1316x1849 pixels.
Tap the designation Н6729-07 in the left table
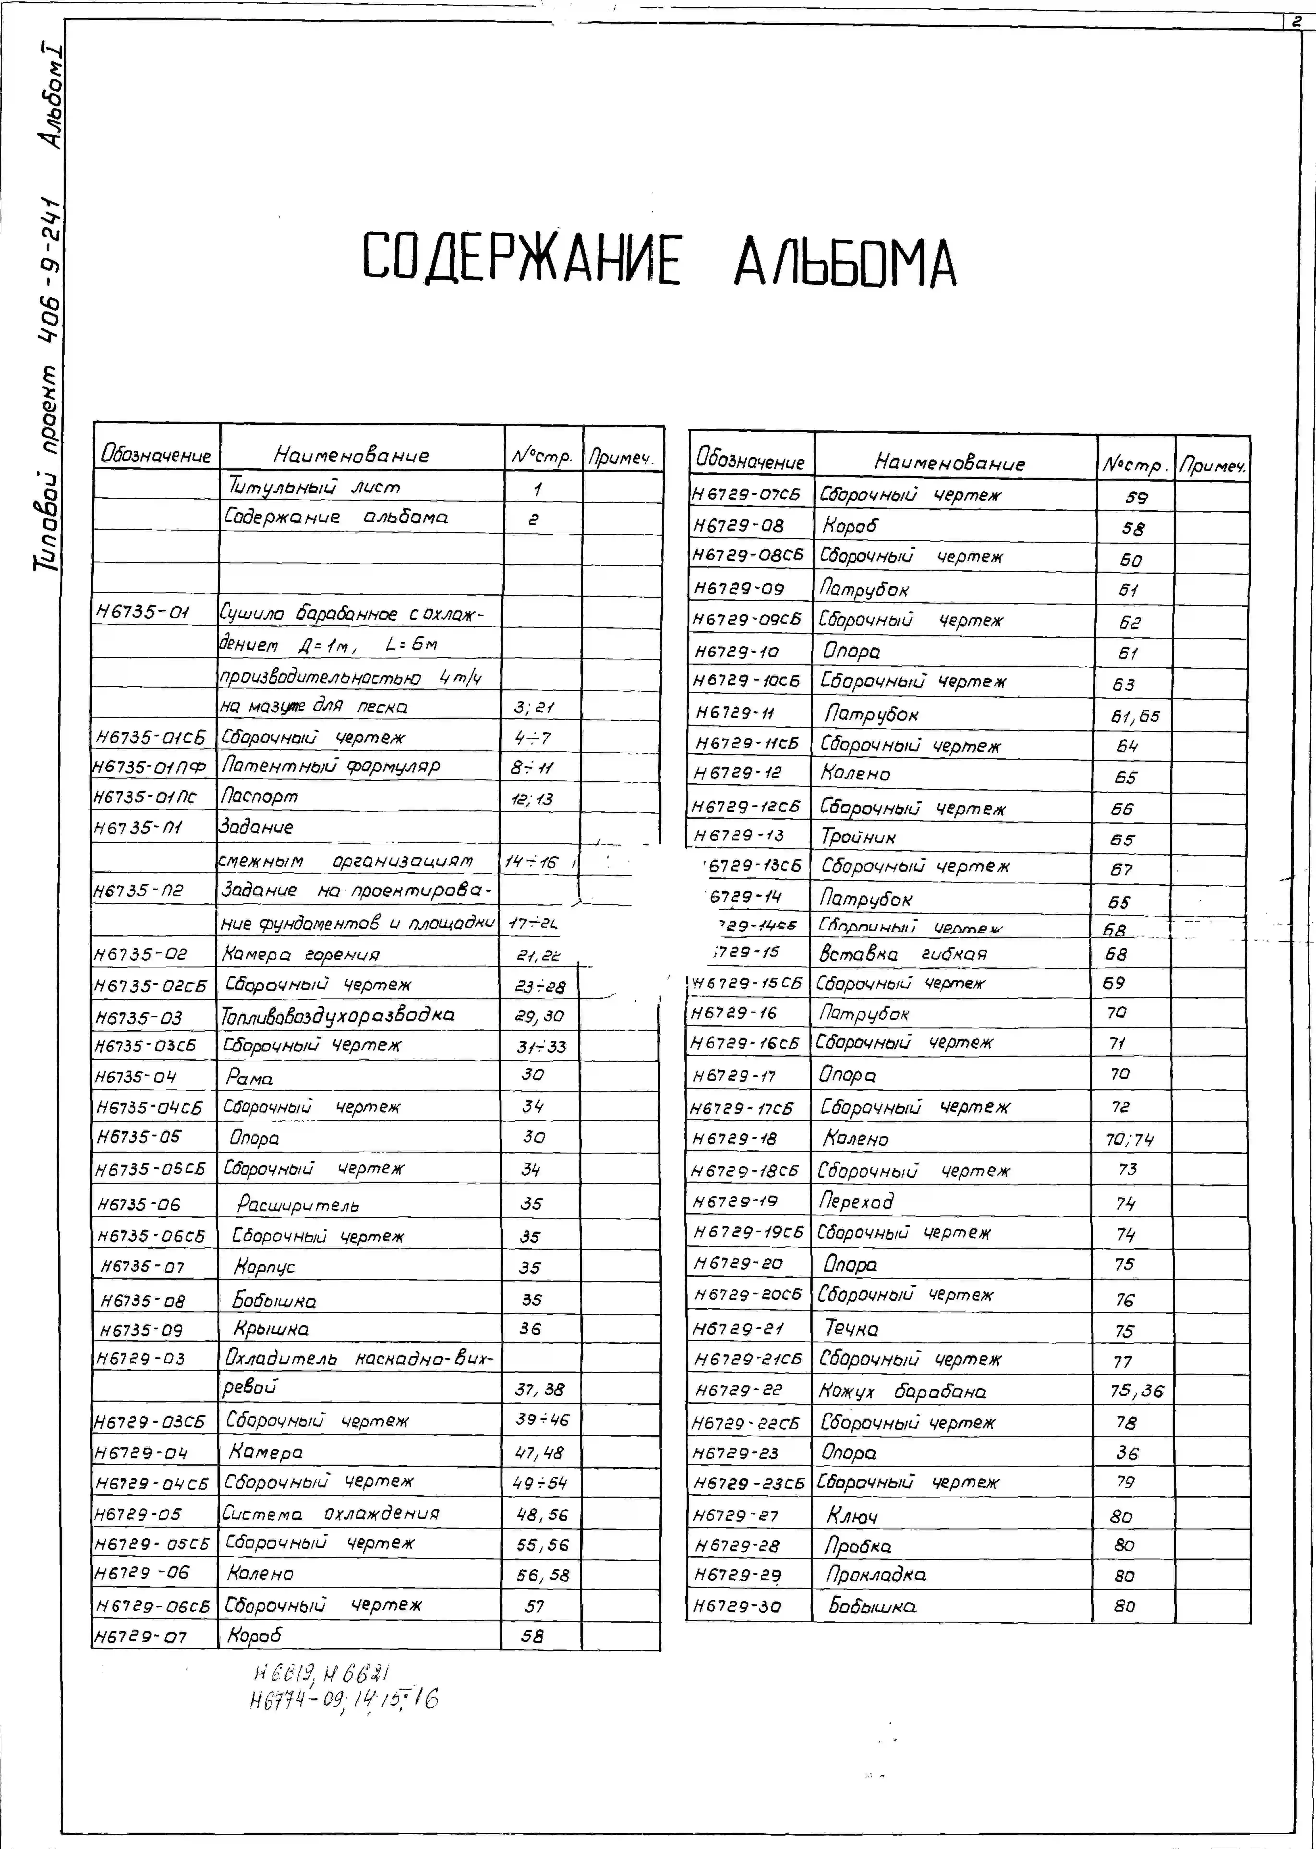[141, 1637]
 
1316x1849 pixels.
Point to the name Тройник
[858, 836]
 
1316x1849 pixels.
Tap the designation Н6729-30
[736, 1606]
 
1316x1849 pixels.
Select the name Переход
[857, 1201]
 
